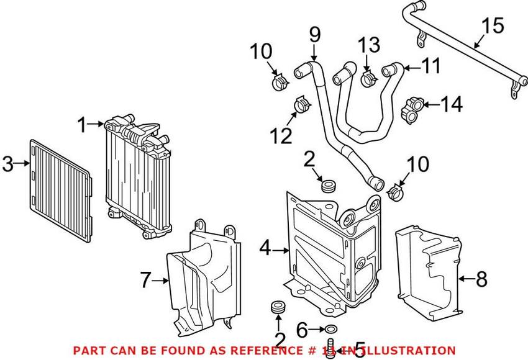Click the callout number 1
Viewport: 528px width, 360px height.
(81, 125)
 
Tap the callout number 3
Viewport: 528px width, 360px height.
(7, 164)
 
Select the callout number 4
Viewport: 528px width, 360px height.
(265, 249)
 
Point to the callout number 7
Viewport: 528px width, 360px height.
(145, 281)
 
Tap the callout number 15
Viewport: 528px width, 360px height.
(494, 26)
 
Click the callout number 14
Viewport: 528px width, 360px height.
(452, 104)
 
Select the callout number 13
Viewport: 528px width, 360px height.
(368, 46)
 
